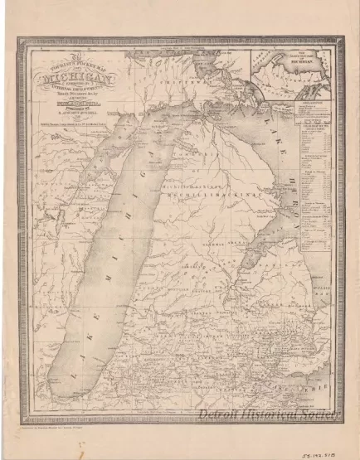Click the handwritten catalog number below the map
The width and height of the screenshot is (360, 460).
click(330, 445)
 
